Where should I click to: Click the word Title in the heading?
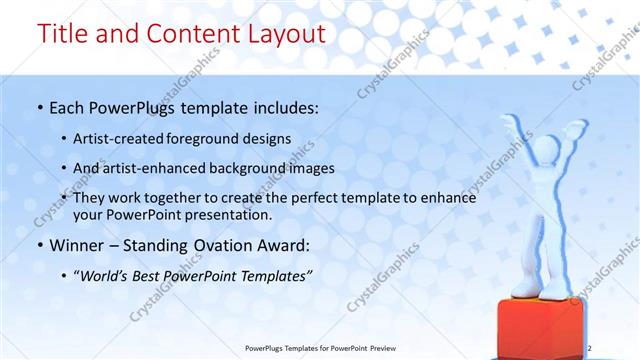[x=62, y=33]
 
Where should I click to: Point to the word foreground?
[x=215, y=139]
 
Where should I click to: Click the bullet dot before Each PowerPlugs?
[x=39, y=107]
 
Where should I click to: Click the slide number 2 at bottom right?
[x=590, y=347]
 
